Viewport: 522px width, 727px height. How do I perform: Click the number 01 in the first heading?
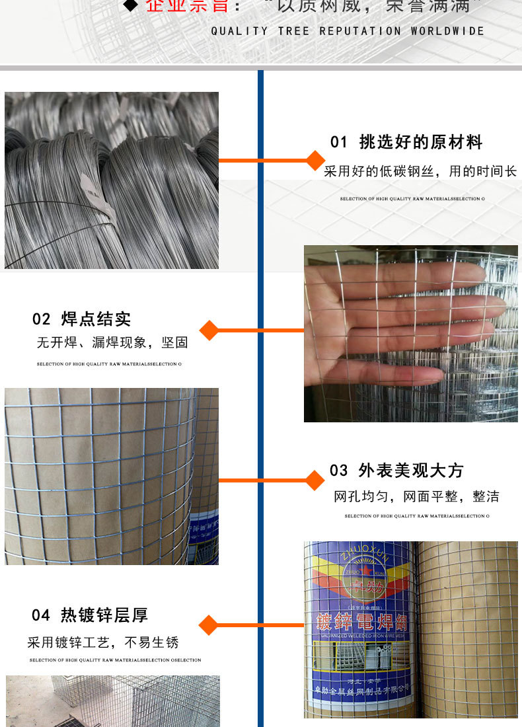tap(339, 142)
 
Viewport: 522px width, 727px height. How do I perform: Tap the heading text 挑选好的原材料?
tap(421, 142)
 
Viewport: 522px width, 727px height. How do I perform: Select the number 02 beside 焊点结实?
tap(42, 319)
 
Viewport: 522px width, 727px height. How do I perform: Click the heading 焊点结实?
tap(96, 319)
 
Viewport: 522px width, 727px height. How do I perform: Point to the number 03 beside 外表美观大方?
tap(339, 471)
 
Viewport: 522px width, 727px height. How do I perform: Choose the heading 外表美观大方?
tap(411, 471)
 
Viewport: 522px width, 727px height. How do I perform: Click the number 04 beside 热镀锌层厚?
tap(41, 615)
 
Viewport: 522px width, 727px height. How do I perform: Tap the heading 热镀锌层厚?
tap(104, 615)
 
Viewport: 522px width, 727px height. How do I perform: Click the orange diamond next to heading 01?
tap(316, 160)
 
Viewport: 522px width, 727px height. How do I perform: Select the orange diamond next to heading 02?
tap(209, 330)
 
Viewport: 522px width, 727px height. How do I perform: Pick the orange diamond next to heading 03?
tap(315, 480)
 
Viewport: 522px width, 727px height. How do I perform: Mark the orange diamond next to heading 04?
tap(209, 625)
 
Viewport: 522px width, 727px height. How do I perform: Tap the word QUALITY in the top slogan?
tap(240, 31)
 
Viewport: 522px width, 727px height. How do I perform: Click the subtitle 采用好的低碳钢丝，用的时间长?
tap(420, 172)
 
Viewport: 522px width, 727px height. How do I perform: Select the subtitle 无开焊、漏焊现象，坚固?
tap(112, 343)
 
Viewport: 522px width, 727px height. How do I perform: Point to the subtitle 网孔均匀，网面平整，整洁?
tap(416, 496)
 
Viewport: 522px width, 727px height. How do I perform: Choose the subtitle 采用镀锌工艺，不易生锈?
tap(103, 642)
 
